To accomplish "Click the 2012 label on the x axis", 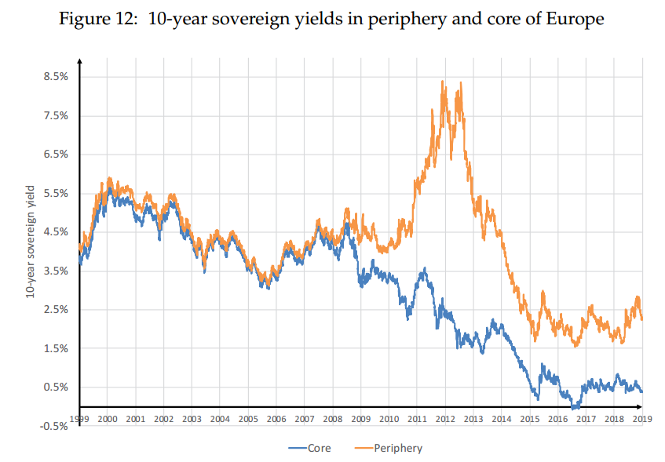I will click(445, 419).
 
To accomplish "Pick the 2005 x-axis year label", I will click(247, 419).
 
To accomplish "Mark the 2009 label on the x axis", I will click(360, 419).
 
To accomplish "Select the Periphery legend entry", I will click(393, 449).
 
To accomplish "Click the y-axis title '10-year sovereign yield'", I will click(30, 240).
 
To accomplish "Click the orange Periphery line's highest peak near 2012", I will click(443, 81).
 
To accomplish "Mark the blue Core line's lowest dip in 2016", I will click(575, 408).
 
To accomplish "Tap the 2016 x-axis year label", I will click(558, 419).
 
